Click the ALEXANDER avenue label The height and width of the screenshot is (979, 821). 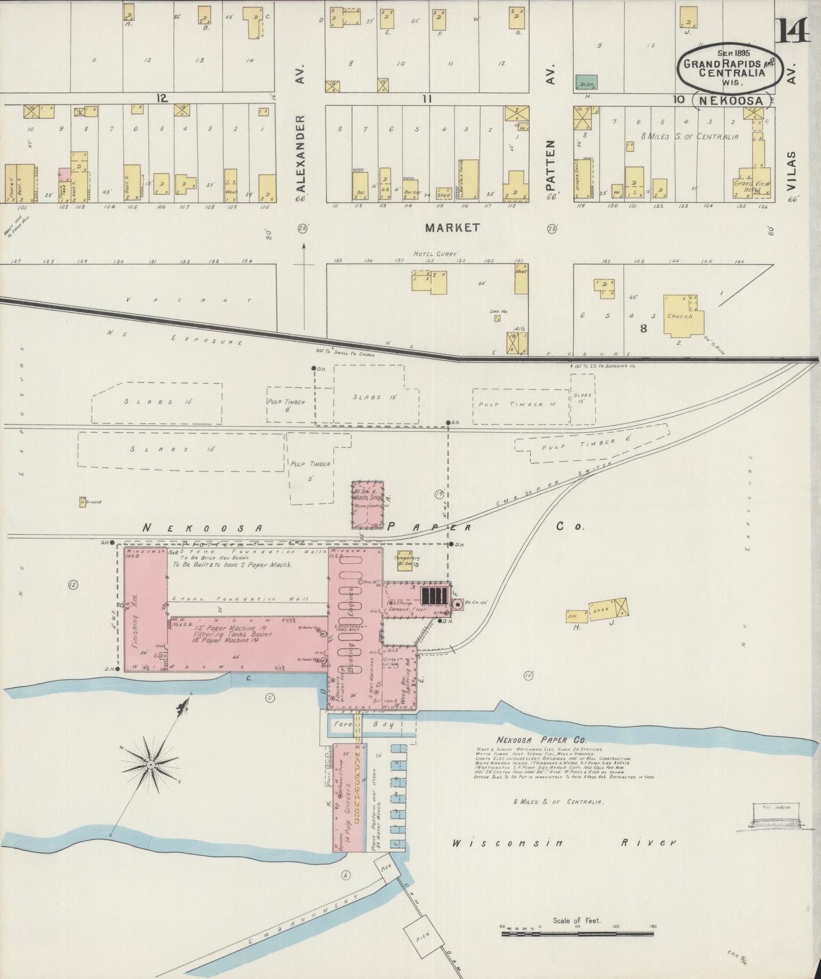pyautogui.click(x=301, y=153)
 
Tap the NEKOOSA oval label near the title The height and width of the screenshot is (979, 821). pyautogui.click(x=731, y=100)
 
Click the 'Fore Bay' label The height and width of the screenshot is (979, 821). pyautogui.click(x=358, y=725)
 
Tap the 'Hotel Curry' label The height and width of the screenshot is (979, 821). pyautogui.click(x=435, y=254)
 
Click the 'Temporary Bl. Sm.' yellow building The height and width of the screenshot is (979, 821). pyautogui.click(x=406, y=560)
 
